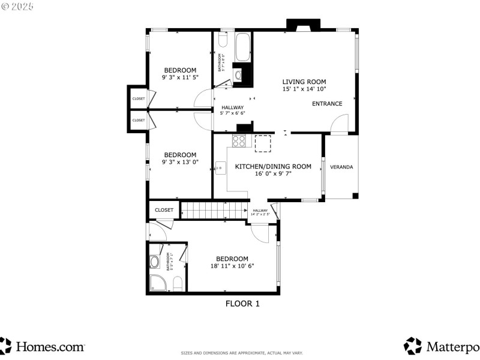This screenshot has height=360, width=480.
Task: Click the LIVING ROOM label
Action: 304,82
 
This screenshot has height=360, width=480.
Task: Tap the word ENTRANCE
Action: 327,104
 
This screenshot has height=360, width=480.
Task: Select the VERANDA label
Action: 341,167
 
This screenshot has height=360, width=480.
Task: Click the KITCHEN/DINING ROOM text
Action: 273,166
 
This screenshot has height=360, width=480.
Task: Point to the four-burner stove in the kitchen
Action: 239,142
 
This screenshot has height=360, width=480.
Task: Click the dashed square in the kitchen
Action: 263,143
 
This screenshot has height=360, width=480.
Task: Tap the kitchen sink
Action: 220,168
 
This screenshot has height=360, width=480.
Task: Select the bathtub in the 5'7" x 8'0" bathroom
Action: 242,47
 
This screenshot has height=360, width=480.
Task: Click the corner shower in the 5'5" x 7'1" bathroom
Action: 157,283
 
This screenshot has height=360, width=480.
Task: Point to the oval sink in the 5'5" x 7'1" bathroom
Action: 154,262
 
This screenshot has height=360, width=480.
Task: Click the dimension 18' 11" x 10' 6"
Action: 232,266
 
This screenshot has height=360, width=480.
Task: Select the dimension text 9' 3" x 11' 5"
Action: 180,77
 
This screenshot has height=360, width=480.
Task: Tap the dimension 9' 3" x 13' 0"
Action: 180,161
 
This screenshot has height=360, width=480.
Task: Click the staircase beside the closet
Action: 214,211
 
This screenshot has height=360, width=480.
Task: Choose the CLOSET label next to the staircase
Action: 164,210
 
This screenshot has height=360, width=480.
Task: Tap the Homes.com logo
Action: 42,346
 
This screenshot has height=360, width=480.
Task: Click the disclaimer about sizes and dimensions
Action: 242,353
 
